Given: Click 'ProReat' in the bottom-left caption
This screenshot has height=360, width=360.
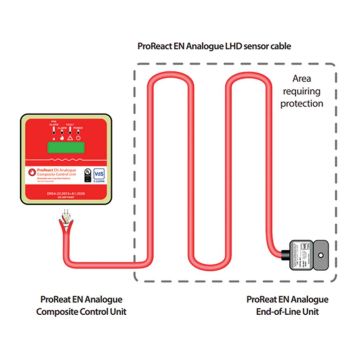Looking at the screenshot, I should (x=61, y=297).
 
